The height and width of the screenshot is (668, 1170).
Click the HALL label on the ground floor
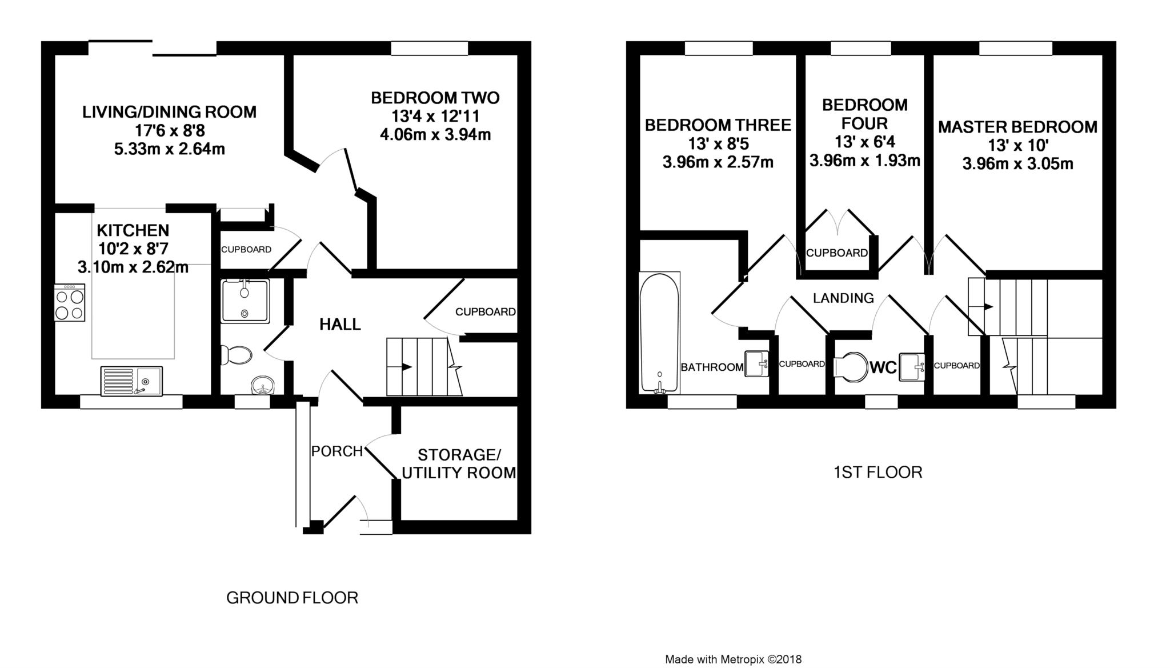[x=340, y=325]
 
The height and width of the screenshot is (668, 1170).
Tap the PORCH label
[x=337, y=451]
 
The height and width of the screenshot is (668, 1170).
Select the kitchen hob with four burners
[x=70, y=303]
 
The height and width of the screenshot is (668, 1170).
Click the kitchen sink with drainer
[x=131, y=381]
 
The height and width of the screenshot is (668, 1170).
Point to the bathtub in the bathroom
[x=659, y=333]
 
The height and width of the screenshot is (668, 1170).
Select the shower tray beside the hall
[x=245, y=301]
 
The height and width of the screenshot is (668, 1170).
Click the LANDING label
[x=843, y=298]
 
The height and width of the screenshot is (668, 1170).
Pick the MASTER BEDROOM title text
[x=1017, y=127]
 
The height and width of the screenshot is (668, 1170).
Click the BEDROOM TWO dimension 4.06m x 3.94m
[x=435, y=135]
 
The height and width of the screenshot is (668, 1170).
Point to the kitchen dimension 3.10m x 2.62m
[x=133, y=267]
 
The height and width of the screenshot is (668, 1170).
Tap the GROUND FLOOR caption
[x=292, y=598]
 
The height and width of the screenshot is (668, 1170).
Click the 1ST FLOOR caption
[x=877, y=472]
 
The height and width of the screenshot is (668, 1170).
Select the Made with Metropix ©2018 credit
[x=734, y=659]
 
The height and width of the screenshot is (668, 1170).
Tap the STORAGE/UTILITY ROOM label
[x=459, y=464]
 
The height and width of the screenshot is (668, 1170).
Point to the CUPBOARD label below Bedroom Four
[x=837, y=253]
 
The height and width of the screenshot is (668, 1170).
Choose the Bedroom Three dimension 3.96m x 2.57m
[x=718, y=162]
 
